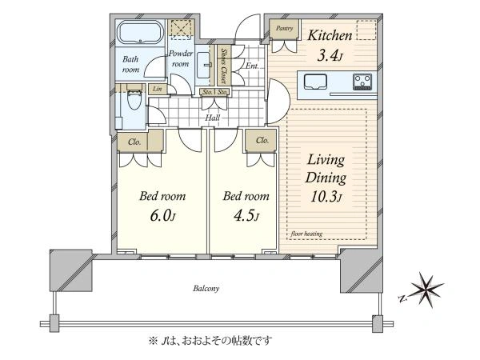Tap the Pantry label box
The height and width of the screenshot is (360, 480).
[281, 28]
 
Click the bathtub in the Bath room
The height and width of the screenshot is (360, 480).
[141, 34]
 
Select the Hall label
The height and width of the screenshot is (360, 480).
[213, 118]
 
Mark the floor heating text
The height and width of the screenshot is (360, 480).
[307, 234]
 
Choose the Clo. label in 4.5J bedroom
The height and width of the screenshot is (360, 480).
[261, 141]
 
